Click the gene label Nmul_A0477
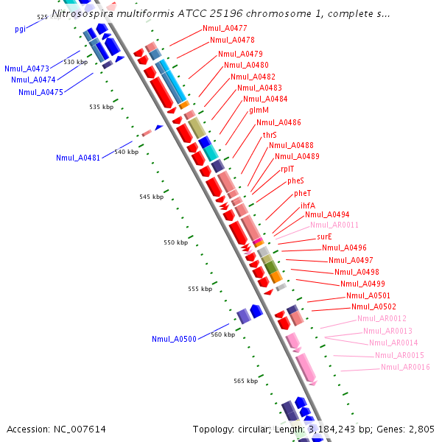click(225, 28)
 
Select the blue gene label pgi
click(20, 29)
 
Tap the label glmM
click(259, 110)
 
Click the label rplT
click(287, 169)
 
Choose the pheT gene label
click(303, 193)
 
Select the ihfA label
click(307, 206)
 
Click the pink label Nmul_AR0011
click(334, 225)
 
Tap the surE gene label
click(325, 236)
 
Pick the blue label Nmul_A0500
click(174, 339)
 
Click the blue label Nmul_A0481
click(78, 158)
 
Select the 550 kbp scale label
click(176, 242)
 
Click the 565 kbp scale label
click(245, 381)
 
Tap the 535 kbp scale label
click(102, 107)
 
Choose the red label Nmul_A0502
click(373, 306)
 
